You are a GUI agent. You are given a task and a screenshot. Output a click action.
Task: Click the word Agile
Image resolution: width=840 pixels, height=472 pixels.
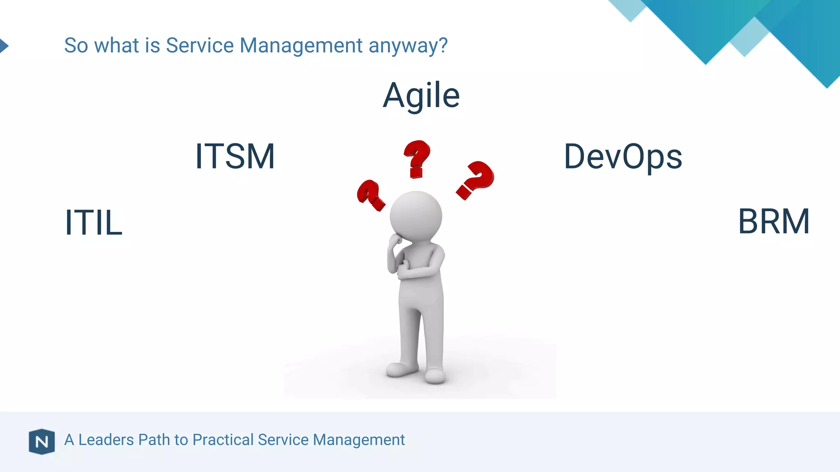pyautogui.click(x=421, y=95)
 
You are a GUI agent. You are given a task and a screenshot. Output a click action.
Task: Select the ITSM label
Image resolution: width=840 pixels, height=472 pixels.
pyautogui.click(x=235, y=156)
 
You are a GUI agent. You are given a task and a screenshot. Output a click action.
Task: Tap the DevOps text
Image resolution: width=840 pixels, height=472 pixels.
pyautogui.click(x=623, y=157)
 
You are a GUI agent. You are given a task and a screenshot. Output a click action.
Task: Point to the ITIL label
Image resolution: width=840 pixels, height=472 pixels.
pyautogui.click(x=94, y=222)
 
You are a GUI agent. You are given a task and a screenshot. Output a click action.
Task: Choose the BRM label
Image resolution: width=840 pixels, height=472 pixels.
pyautogui.click(x=774, y=222)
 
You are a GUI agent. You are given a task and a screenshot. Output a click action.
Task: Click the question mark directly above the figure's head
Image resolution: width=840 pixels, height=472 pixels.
pyautogui.click(x=417, y=158)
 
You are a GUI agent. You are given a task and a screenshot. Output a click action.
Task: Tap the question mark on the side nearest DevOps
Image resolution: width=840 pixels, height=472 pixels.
pyautogui.click(x=475, y=179)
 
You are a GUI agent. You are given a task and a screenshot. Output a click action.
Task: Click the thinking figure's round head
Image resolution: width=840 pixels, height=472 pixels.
pyautogui.click(x=415, y=216)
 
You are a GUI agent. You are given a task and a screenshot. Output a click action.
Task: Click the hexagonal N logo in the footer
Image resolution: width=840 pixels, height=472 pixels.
pyautogui.click(x=41, y=442)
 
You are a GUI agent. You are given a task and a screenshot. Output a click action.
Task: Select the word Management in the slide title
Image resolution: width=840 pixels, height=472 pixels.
pyautogui.click(x=301, y=45)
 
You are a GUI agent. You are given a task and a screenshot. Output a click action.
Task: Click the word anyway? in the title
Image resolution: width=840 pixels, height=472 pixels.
pyautogui.click(x=408, y=46)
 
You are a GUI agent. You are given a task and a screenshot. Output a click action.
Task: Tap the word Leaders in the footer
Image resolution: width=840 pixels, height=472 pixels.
pyautogui.click(x=106, y=440)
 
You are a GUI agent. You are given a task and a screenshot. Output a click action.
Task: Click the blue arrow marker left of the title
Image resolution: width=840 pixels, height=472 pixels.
pyautogui.click(x=4, y=45)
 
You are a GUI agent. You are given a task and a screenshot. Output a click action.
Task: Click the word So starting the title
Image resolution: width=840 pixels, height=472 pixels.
pyautogui.click(x=76, y=45)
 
